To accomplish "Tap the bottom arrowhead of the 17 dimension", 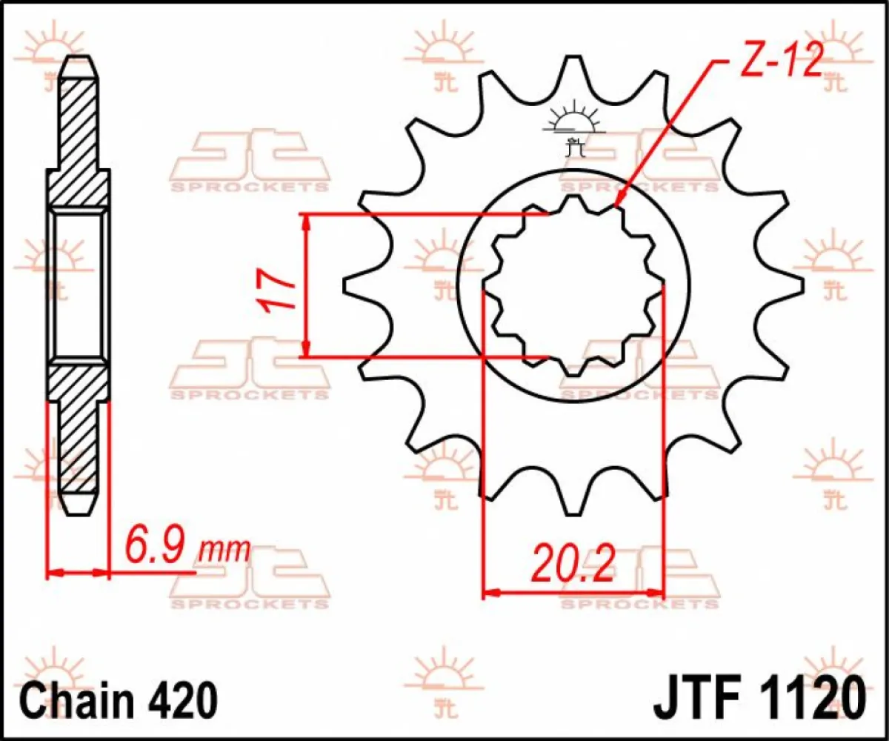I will (305, 349).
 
